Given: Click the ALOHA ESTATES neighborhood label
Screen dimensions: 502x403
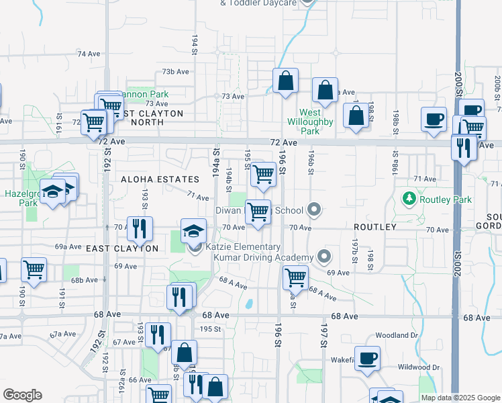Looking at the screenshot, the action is tap(160, 179).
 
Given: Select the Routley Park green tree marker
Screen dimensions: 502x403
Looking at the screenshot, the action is tap(409, 199).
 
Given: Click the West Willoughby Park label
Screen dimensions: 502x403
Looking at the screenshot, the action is tap(310, 122).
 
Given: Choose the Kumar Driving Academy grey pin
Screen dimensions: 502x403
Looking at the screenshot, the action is tap(324, 257).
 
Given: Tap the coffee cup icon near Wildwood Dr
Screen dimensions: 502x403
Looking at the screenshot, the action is tap(367, 358).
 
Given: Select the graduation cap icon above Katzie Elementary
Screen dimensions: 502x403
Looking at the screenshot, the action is tap(193, 230).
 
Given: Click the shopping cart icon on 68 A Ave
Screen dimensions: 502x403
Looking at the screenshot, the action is tap(295, 276).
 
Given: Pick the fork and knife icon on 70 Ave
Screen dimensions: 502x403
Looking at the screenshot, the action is tap(140, 228).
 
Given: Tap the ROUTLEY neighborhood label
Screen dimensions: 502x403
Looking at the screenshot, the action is tap(374, 227).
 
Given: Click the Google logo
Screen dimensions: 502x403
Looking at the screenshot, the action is tap(22, 395).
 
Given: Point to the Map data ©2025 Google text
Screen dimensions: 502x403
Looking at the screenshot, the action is tap(460, 398).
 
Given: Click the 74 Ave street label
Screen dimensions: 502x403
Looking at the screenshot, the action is tap(88, 54).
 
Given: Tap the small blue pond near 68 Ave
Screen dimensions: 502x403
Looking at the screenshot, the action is tap(250, 304).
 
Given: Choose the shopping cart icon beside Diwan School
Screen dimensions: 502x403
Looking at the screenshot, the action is tap(258, 212).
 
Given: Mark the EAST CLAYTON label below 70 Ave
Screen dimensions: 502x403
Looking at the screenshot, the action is tap(122, 249).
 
